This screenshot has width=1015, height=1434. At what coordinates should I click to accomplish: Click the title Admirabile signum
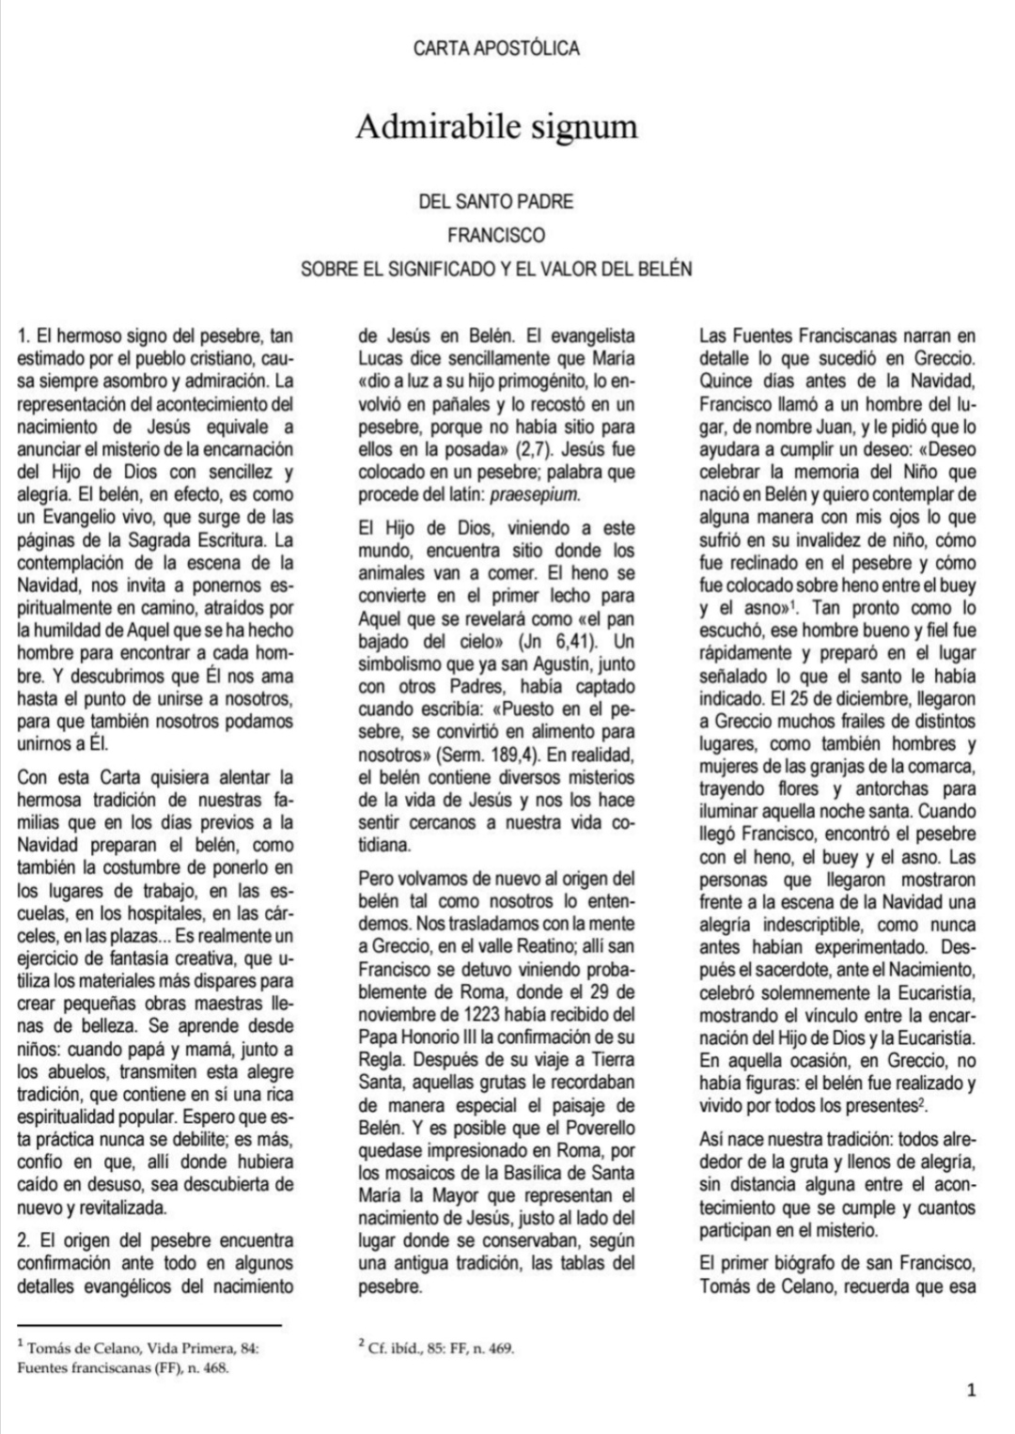point(496,126)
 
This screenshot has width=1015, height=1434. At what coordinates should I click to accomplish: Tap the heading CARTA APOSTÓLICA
point(496,48)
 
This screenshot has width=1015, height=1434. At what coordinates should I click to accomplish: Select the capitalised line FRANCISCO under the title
point(496,234)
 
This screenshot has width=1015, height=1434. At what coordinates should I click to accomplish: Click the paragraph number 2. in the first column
point(25,1240)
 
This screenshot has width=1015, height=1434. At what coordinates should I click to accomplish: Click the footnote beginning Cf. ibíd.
point(437,1348)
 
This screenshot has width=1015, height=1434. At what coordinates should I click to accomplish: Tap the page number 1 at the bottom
point(973,1390)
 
